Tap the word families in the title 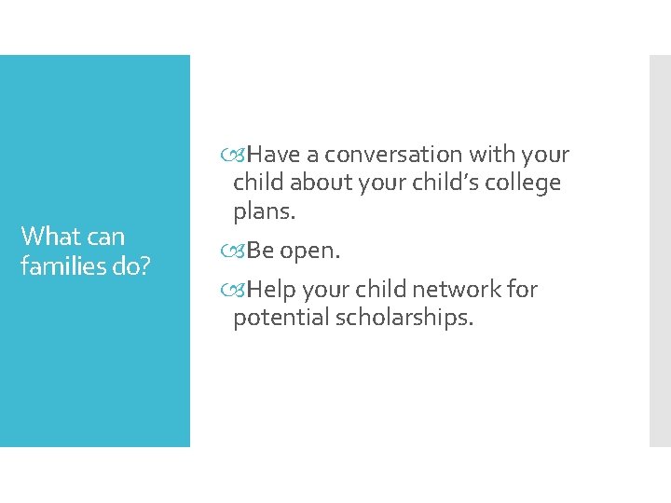tap(60, 266)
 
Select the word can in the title tap(105, 237)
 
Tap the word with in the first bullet tap(494, 155)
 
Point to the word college tap(527, 183)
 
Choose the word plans tap(265, 211)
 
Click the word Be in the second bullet tap(261, 251)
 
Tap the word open tap(310, 251)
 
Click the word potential tap(280, 318)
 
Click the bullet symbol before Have tap(240, 155)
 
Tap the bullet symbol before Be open tap(240, 251)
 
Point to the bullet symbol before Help tap(240, 290)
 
